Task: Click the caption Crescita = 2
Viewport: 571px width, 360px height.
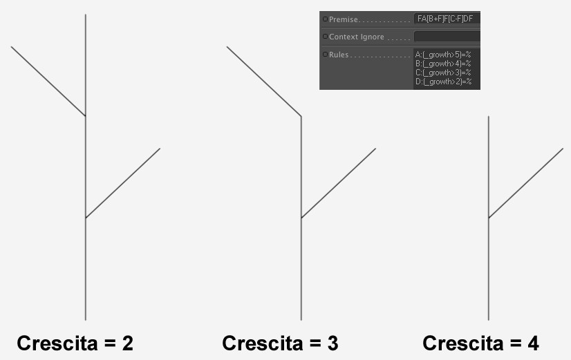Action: (75, 343)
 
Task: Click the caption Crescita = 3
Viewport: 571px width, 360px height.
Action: (280, 343)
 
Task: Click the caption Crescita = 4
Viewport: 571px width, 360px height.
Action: (480, 343)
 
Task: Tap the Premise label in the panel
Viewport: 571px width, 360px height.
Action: (344, 19)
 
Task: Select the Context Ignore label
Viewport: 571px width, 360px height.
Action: (357, 37)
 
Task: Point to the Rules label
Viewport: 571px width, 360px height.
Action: (339, 55)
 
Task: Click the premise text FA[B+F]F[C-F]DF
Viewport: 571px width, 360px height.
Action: (445, 19)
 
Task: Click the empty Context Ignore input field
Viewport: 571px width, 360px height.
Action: (447, 37)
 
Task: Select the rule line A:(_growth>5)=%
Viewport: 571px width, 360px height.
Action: (443, 55)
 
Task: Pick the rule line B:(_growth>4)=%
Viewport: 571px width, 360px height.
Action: (443, 64)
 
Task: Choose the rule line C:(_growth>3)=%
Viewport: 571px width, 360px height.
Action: (443, 73)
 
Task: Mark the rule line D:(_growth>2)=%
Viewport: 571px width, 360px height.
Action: (443, 82)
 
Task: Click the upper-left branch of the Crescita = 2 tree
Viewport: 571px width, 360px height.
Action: (48, 81)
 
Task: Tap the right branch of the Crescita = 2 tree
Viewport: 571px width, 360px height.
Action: (123, 183)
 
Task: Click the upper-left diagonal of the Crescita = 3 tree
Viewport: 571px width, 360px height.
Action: (264, 81)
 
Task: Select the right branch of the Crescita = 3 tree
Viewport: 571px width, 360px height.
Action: (339, 183)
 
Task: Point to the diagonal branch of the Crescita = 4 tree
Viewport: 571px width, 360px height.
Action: (526, 183)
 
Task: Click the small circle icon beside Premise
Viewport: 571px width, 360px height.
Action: (325, 19)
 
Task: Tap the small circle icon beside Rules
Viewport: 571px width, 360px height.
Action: (325, 54)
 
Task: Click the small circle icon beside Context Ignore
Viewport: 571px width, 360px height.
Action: (325, 37)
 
